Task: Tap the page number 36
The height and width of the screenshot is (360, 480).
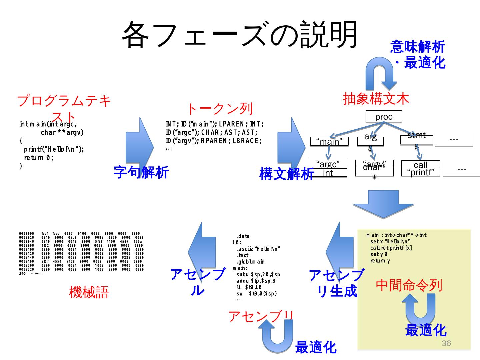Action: tap(446, 344)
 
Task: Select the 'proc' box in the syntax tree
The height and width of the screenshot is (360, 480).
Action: tap(384, 117)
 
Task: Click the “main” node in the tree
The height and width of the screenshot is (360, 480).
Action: tap(329, 142)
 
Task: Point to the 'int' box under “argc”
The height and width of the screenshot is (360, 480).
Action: tap(328, 173)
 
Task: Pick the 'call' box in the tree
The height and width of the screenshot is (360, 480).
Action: tap(420, 165)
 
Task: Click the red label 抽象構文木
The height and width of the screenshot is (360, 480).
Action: tap(376, 99)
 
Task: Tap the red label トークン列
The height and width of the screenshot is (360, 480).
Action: tap(219, 109)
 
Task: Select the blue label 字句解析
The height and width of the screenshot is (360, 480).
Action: tap(141, 172)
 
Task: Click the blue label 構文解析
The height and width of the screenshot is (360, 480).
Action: tap(286, 174)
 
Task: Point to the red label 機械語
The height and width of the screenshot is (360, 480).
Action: tap(89, 292)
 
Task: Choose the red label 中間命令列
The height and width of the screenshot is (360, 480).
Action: tap(409, 285)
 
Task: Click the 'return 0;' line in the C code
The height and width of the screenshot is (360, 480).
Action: tap(39, 158)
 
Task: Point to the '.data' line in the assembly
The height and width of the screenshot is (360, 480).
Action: tap(243, 236)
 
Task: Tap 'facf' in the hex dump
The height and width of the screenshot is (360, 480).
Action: tap(45, 234)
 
